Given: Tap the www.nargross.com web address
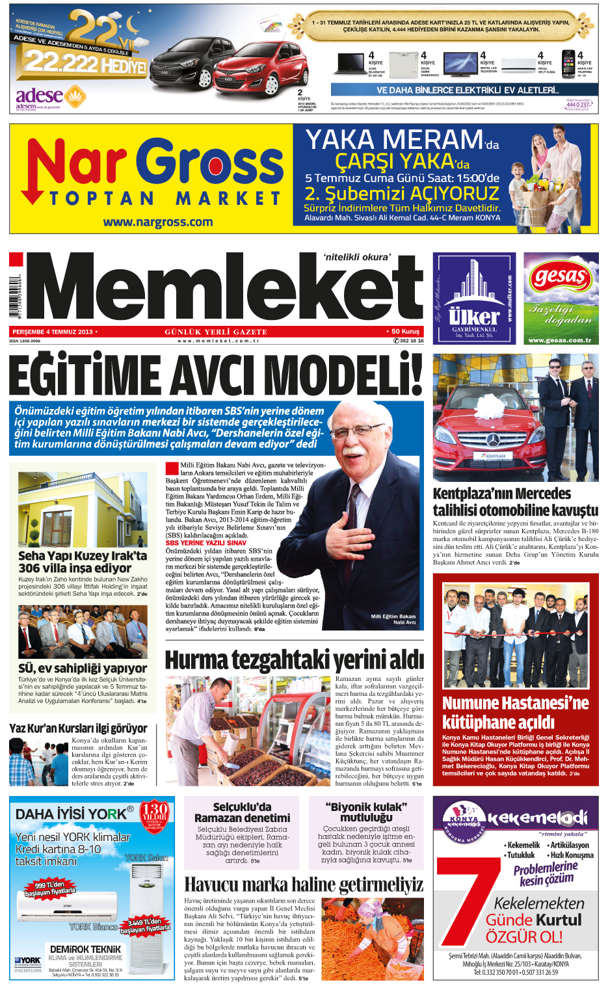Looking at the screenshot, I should pos(158,222).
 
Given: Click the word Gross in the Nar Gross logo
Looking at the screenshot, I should pos(211,163).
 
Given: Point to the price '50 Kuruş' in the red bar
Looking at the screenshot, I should pos(406,332).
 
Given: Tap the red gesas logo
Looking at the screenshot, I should pos(561,277).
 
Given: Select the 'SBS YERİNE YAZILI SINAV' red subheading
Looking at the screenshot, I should pos(205,542).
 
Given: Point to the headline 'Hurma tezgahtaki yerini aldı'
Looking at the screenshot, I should pos(294,659).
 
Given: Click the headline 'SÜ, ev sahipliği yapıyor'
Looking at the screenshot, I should pos(83,668).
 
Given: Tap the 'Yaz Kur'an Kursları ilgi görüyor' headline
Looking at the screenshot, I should pos(78,728).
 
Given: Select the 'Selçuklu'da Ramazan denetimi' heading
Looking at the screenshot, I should pos(242,812).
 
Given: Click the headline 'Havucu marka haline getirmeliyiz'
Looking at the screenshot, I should pos(304,884).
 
